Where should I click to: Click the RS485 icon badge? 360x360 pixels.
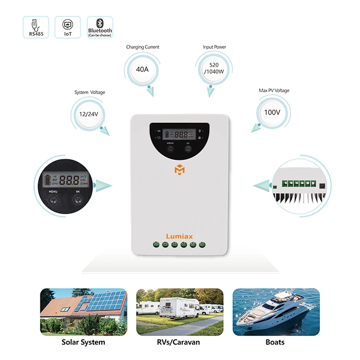coord(36,27)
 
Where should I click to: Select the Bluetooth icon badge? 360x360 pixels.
coord(100,27)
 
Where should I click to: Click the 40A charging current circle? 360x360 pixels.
coord(143,69)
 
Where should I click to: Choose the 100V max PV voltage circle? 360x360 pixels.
coord(272,112)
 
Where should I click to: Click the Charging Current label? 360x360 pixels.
coord(143,47)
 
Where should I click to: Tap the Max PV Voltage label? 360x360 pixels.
coord(274,90)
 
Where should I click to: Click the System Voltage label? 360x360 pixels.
coord(89,92)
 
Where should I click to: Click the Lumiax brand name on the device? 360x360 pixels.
coord(179,236)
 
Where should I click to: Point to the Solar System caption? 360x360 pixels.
coord(83,342)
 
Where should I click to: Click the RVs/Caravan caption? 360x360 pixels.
coord(179,342)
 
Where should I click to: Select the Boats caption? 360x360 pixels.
coord(275,342)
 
